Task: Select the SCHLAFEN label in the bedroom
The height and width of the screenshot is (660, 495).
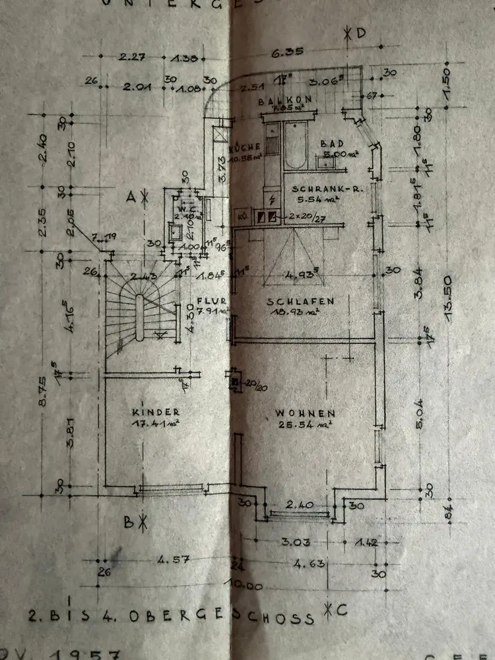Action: coord(300,302)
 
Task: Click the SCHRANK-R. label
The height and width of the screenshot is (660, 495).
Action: coord(317,187)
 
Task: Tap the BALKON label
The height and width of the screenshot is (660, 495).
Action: coord(280,101)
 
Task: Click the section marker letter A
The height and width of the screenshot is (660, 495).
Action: coord(132,195)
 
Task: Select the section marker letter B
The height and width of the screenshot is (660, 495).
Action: coord(130,521)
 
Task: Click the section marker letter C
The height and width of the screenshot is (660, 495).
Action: coord(342,610)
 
